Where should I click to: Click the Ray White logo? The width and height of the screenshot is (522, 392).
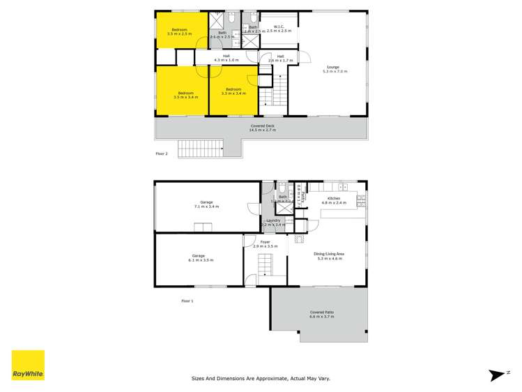pyautogui.click(x=28, y=365)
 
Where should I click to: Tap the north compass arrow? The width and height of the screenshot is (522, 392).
pyautogui.click(x=499, y=375)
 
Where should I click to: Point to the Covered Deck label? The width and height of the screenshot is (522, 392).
pyautogui.click(x=263, y=128)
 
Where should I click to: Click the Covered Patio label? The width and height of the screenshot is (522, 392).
pyautogui.click(x=321, y=314)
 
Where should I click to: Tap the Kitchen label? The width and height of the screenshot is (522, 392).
pyautogui.click(x=337, y=200)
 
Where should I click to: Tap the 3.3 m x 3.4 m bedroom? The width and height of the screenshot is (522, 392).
pyautogui.click(x=233, y=91)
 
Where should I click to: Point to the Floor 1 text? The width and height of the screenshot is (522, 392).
pyautogui.click(x=187, y=301)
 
